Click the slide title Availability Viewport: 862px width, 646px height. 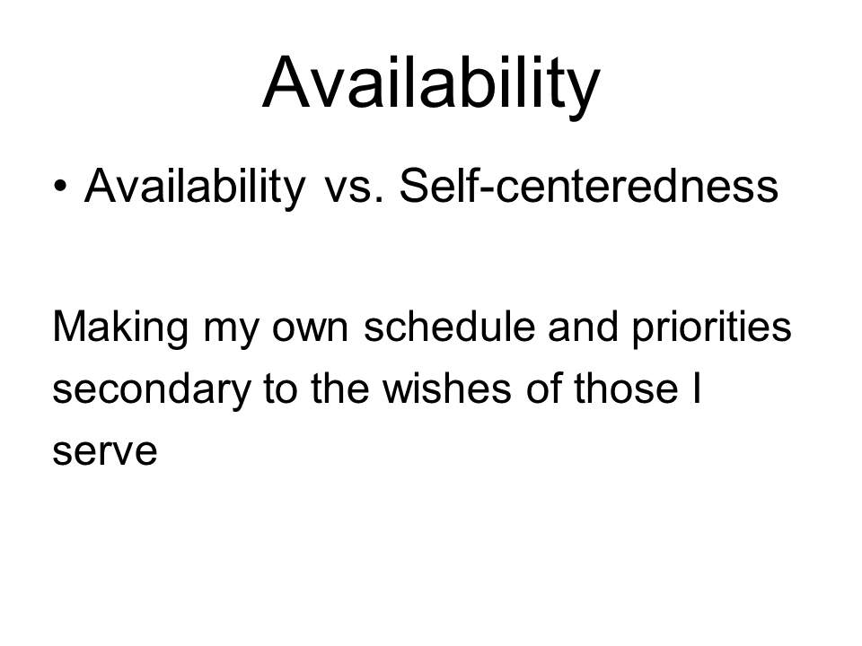(432, 85)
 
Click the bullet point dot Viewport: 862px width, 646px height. (60, 186)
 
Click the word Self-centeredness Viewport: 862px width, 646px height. (589, 186)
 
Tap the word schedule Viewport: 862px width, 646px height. (450, 326)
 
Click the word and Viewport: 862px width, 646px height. (584, 326)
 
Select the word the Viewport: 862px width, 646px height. (339, 388)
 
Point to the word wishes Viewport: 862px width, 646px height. (447, 388)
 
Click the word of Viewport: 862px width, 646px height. (544, 388)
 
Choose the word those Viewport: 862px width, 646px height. (626, 388)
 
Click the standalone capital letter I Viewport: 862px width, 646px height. (697, 388)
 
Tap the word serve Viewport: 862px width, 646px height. (105, 451)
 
